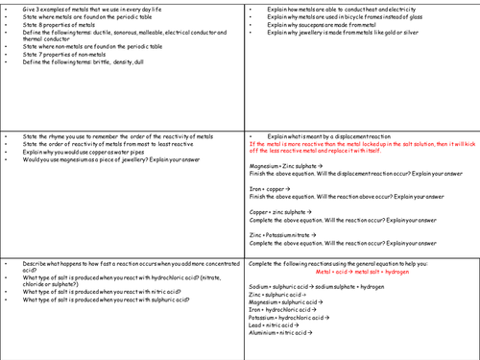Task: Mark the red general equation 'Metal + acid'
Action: [x=364, y=272]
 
